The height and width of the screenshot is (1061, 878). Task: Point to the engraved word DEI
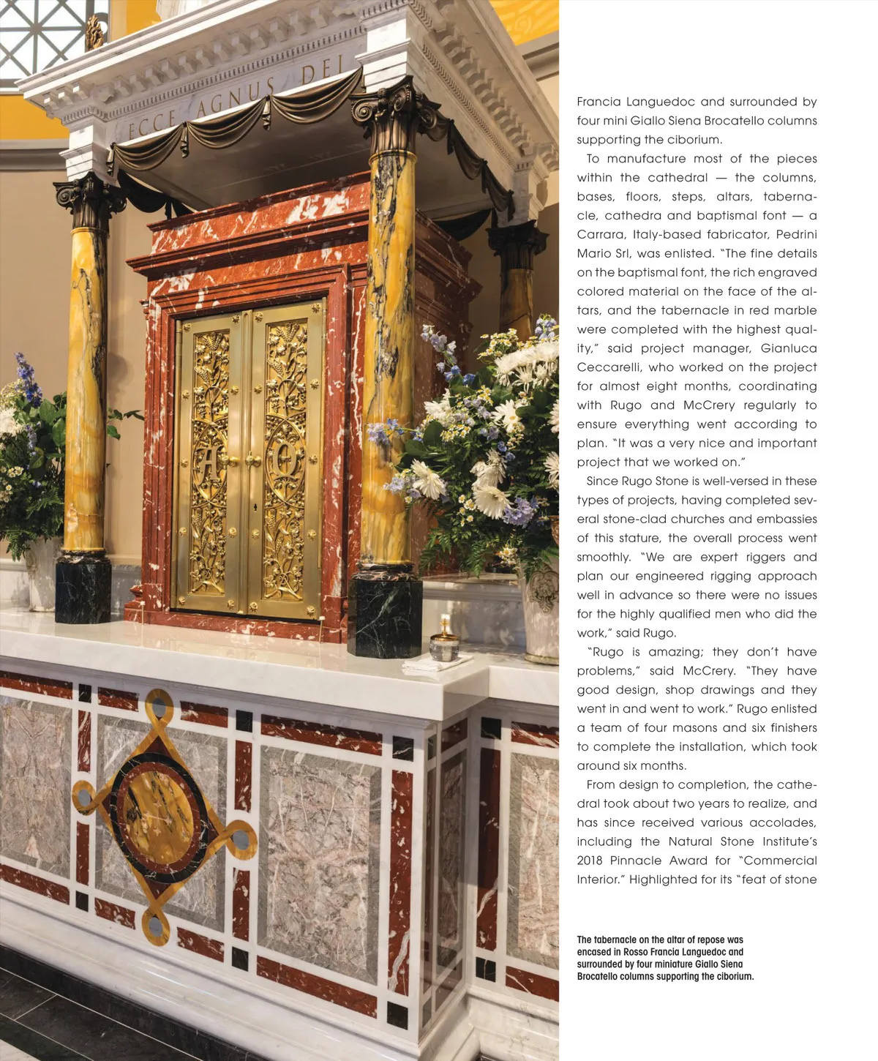pos(323,71)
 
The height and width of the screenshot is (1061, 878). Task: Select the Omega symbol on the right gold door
pos(285,461)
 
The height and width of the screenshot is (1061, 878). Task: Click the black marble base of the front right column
pos(385,616)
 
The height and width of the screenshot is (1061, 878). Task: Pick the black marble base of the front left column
pos(83,589)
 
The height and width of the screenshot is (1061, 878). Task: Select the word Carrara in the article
pos(600,234)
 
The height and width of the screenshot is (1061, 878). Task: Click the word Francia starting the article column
pos(601,102)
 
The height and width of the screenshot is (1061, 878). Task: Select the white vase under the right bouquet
pos(540,615)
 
